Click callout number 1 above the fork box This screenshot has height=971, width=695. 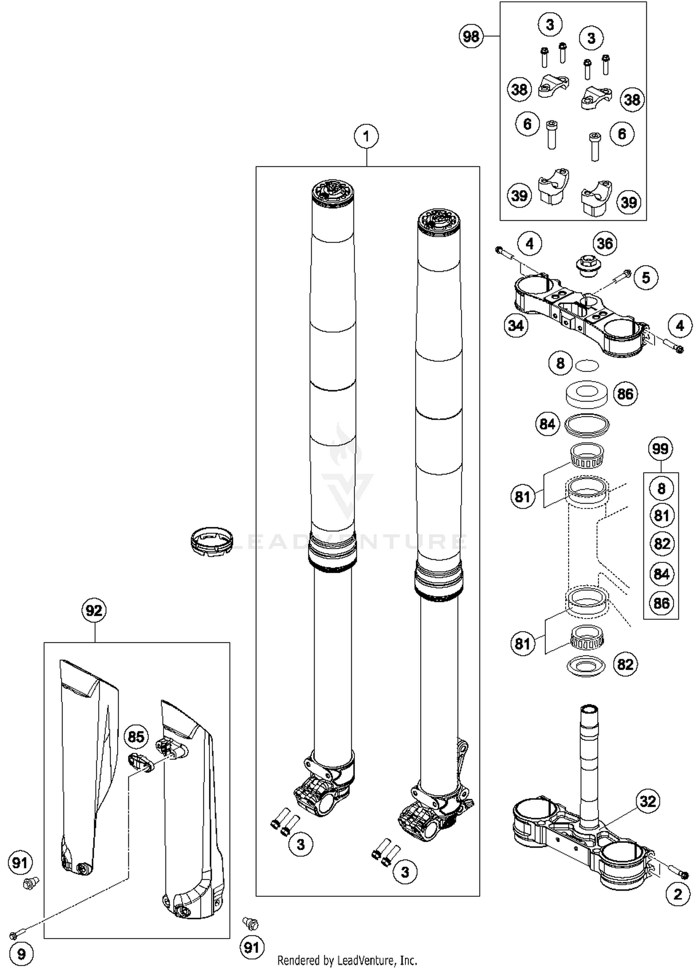pos(366,136)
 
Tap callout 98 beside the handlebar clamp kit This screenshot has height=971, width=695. pos(471,36)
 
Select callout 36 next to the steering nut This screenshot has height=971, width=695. pos(605,243)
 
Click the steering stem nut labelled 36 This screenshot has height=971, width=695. pos(588,267)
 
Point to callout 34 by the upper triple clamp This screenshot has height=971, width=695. pos(516,326)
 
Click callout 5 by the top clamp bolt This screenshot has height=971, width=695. pos(646,277)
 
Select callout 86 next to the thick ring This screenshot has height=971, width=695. pos(625,394)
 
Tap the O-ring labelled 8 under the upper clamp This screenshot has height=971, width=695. pos(587,365)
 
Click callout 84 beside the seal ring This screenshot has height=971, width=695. pos(547,424)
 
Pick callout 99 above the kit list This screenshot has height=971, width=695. pos(660,448)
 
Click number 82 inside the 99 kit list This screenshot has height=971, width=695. pos(661,543)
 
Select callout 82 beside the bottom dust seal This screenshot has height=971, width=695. pos(625,664)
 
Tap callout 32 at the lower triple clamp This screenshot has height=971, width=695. pos(647,801)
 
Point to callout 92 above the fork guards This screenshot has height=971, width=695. pos(94,610)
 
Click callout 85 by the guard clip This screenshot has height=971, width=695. pos(136,736)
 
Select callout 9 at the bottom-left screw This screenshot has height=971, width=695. pos(21,954)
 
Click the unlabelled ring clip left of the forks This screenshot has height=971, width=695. pos(211,541)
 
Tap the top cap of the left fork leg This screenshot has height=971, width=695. pos(333,193)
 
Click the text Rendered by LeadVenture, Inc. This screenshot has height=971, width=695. pos(347,960)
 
